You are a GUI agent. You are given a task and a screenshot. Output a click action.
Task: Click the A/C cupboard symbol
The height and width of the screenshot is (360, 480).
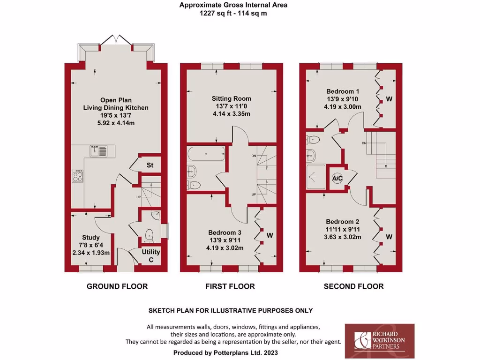tap(337, 178)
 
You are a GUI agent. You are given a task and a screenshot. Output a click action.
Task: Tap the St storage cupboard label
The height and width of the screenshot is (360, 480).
tap(150, 165)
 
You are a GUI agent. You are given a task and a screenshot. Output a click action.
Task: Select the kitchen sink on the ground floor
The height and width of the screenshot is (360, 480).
tap(99, 151)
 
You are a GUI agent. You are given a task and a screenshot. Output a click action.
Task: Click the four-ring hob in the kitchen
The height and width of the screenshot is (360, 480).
tap(78, 176)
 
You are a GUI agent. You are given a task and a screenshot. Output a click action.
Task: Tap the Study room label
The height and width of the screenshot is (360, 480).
tap(90, 238)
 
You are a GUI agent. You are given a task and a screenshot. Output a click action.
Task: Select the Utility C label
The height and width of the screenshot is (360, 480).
tap(151, 255)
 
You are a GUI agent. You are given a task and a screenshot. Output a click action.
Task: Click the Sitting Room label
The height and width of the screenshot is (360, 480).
tap(231, 98)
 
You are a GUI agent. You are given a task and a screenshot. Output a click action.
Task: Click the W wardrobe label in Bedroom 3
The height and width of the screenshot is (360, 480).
tap(270, 235)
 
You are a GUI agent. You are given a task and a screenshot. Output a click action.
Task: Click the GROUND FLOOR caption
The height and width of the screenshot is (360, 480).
tap(117, 286)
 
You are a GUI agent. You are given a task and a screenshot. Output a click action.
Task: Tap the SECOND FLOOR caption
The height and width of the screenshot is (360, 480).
tap(353, 286)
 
